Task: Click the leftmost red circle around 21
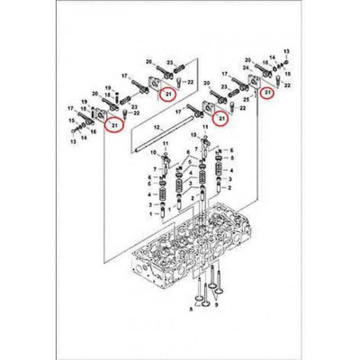tap(112, 127)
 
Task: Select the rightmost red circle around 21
tap(266, 92)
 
